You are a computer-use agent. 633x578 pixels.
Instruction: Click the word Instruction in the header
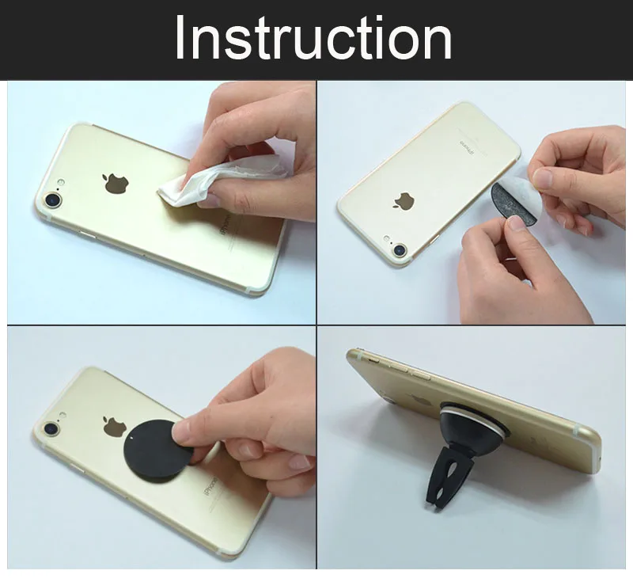(x=313, y=37)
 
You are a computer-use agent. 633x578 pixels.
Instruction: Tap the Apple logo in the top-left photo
(x=116, y=184)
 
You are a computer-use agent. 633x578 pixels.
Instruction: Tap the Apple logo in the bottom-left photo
(x=115, y=426)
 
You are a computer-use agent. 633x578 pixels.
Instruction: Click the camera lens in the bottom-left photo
(x=51, y=429)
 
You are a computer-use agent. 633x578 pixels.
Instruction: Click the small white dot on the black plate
(x=134, y=436)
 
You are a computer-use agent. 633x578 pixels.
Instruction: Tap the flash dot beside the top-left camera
(x=61, y=182)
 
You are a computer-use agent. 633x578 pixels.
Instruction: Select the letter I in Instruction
(x=180, y=37)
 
